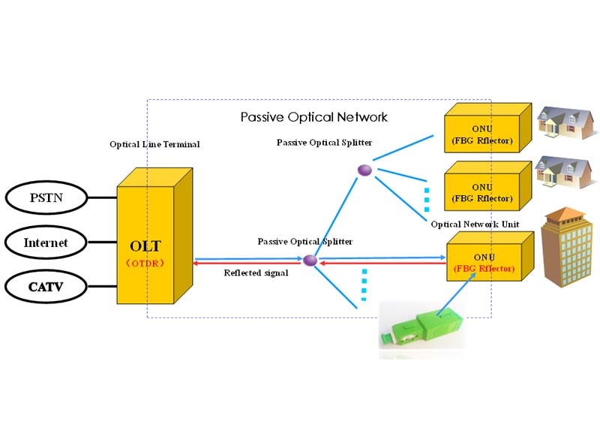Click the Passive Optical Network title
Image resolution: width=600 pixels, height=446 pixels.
pyautogui.click(x=313, y=117)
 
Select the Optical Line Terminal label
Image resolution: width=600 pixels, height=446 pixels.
pyautogui.click(x=154, y=144)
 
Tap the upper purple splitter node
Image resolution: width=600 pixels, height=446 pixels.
pyautogui.click(x=364, y=171)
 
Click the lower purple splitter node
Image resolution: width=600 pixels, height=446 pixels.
pyautogui.click(x=309, y=260)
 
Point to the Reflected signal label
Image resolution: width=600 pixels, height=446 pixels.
pyautogui.click(x=256, y=273)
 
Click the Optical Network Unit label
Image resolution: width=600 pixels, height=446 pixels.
pyautogui.click(x=475, y=224)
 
